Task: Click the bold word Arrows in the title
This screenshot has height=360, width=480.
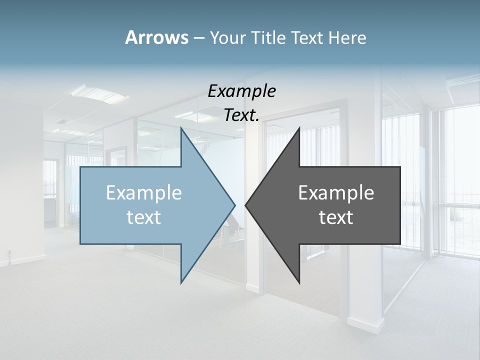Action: (x=156, y=37)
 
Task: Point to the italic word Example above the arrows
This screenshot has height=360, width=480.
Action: (x=241, y=91)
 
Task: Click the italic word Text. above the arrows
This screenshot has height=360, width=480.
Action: (x=241, y=115)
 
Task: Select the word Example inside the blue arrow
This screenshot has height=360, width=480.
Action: (x=144, y=193)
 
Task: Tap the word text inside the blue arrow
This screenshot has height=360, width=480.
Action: (x=144, y=217)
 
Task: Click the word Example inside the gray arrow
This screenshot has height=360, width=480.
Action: (x=336, y=193)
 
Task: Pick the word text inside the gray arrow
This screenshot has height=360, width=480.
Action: (x=336, y=217)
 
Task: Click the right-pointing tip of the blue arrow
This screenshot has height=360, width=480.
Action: (x=234, y=204)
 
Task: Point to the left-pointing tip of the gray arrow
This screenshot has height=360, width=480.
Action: (x=246, y=204)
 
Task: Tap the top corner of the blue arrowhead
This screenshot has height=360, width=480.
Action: (x=181, y=128)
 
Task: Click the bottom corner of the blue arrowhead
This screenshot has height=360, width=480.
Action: (x=181, y=282)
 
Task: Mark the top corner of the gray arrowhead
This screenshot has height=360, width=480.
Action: (x=299, y=128)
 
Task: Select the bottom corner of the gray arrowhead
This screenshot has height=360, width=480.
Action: (x=299, y=282)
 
